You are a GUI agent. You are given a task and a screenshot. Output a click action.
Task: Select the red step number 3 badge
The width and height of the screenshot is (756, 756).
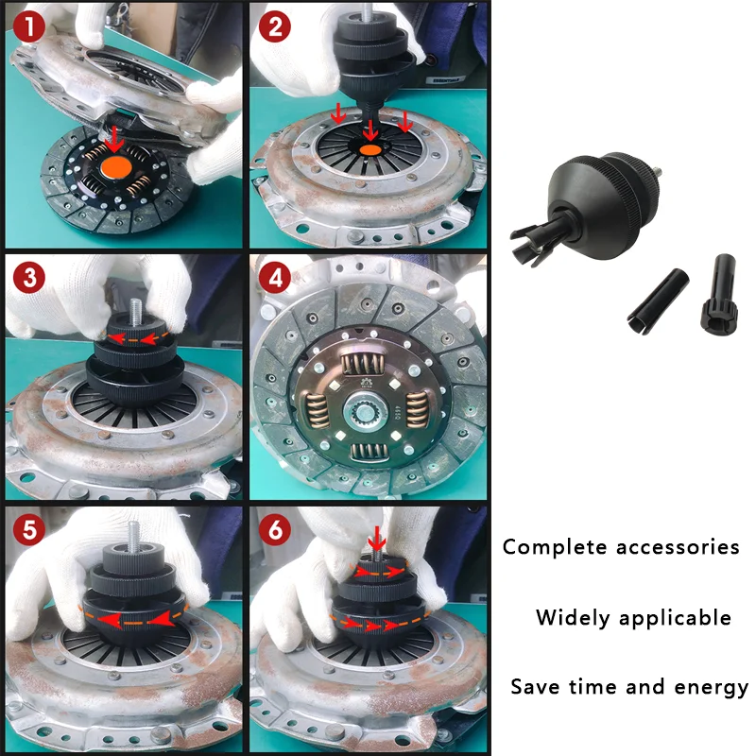[x=29, y=277]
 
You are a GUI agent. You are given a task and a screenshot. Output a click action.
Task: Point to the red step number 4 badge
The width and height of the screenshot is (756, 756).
[x=275, y=277]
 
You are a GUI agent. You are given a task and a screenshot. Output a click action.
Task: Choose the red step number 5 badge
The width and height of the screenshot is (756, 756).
[x=29, y=529]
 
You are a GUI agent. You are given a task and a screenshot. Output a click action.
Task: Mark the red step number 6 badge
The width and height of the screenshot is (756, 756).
[x=275, y=529]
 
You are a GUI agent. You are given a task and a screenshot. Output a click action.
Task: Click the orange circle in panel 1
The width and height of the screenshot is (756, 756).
[x=116, y=168]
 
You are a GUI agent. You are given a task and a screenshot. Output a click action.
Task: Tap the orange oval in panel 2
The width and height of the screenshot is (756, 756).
[x=369, y=149]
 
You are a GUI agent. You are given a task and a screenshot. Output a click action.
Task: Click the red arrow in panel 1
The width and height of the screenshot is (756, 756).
[x=114, y=139]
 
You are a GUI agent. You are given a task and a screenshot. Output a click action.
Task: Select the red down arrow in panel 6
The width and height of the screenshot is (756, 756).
[x=376, y=539]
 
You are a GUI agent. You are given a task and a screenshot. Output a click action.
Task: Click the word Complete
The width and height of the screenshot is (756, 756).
[x=555, y=547]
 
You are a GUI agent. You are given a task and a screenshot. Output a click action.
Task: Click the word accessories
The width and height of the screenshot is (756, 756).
[x=678, y=547]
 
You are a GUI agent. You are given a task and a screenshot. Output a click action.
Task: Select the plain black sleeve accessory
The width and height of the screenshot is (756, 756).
[x=658, y=301]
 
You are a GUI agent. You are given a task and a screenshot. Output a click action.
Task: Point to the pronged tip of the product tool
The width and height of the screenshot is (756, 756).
[x=531, y=244]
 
